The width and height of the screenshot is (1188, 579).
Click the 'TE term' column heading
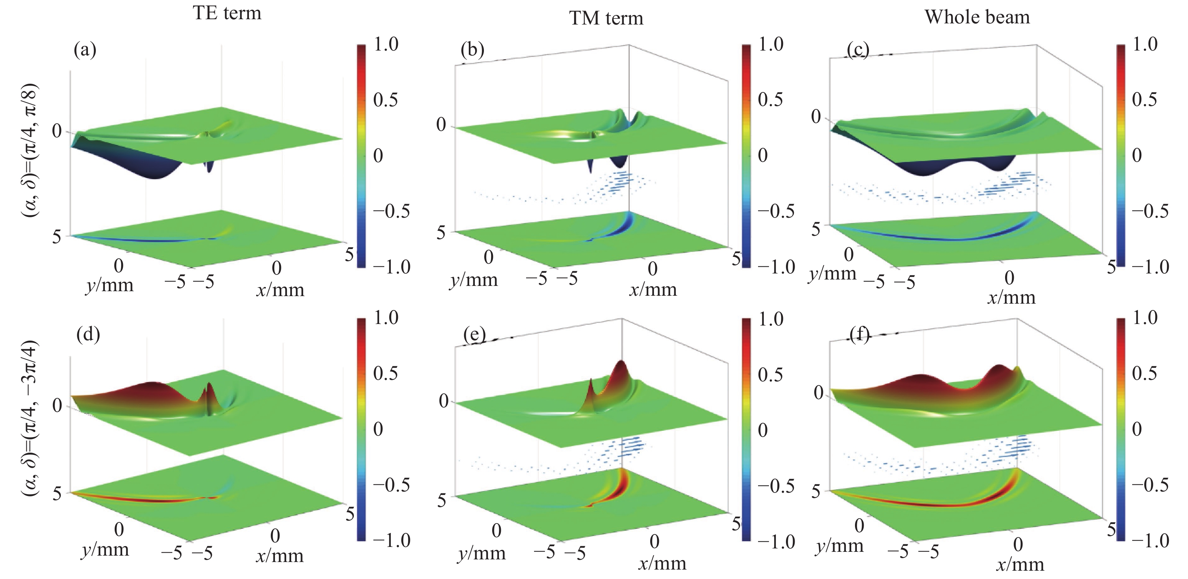tap(227, 13)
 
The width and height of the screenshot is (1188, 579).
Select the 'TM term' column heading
tap(606, 18)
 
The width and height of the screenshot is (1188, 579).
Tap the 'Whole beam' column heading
tap(977, 17)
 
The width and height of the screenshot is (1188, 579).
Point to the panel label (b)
tap(472, 50)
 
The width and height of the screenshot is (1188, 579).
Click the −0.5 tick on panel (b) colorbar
tap(776, 211)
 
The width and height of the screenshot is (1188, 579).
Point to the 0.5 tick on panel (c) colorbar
tap(1144, 100)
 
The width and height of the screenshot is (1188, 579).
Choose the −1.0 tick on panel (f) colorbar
tap(1151, 540)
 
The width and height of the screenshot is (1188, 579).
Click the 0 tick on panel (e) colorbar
tap(763, 430)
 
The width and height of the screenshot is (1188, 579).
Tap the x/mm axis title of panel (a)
tap(280, 290)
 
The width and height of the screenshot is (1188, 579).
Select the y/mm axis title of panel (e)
tap(482, 553)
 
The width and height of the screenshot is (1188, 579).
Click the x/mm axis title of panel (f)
tap(1020, 565)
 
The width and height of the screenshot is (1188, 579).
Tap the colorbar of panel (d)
tap(362, 429)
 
